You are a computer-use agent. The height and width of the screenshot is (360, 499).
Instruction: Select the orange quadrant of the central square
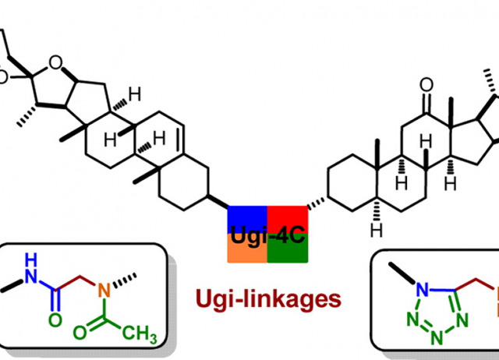coord(247,249)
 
